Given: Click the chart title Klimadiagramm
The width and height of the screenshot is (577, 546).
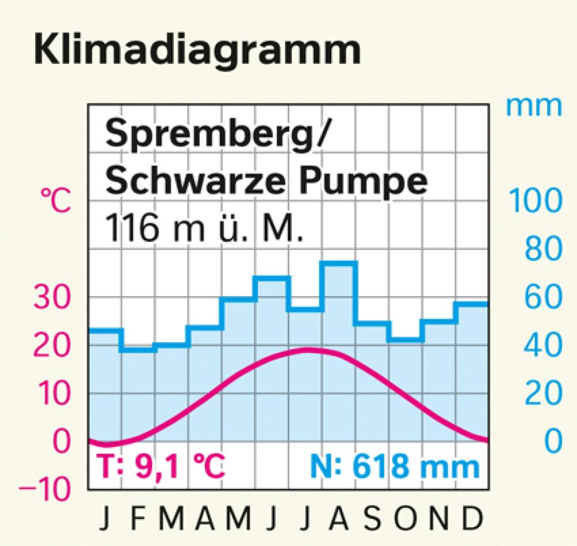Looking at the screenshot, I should tap(196, 51).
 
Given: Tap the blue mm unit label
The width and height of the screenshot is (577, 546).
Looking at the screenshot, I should tap(533, 106).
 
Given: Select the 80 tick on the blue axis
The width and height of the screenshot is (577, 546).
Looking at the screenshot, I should tap(543, 249).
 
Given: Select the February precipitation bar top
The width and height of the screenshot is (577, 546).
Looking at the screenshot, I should tap(138, 349).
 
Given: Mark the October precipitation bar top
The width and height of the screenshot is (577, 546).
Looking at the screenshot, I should tap(406, 339).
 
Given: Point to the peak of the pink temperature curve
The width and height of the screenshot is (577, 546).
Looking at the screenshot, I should tap(306, 349).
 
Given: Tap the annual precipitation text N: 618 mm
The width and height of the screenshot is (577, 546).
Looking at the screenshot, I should tap(395, 466).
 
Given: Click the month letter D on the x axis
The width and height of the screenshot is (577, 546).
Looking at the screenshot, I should tap(473, 519).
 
